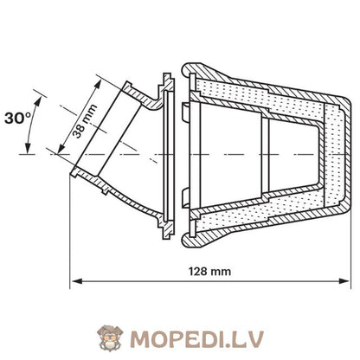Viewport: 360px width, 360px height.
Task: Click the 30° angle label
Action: tap(18, 119)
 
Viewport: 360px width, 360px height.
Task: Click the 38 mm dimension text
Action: tap(85, 121)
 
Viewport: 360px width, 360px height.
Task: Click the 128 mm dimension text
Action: tap(209, 272)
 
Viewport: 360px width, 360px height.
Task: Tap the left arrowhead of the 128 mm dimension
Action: tap(76, 280)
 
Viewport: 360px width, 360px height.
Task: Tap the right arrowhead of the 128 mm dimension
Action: tap(344, 280)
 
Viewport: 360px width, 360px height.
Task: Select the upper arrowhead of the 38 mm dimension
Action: tap(99, 84)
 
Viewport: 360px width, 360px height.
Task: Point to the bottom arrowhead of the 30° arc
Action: tap(28, 149)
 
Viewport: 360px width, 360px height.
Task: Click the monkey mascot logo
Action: tap(110, 337)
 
